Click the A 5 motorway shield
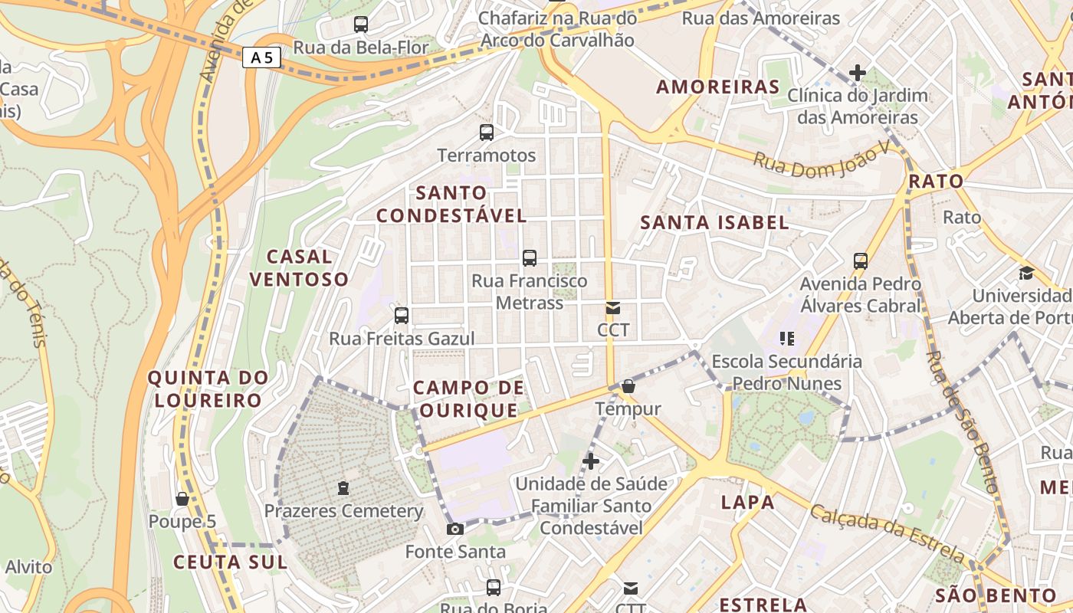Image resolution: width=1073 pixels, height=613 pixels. click(x=261, y=57)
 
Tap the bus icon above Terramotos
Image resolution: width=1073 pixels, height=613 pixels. click(x=487, y=132)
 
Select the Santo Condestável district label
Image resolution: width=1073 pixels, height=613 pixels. click(x=451, y=204)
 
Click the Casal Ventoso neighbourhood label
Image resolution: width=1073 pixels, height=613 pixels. click(x=299, y=267)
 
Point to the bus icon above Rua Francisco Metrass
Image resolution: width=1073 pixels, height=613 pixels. click(x=530, y=257)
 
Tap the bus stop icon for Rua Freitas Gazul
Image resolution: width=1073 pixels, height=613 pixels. click(x=402, y=315)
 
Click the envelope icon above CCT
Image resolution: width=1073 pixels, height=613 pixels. click(x=613, y=308)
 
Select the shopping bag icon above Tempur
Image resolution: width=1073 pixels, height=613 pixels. click(x=628, y=386)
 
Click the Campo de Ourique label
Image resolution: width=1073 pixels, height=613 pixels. click(x=469, y=398)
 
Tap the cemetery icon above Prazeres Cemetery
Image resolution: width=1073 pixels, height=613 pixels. click(x=343, y=488)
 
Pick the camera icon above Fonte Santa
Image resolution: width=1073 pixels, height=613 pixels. click(x=455, y=529)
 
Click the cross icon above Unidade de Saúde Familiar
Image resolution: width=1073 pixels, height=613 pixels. click(x=591, y=461)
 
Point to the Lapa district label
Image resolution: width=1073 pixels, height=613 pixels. click(x=747, y=503)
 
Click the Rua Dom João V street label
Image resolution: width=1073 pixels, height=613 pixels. click(x=820, y=162)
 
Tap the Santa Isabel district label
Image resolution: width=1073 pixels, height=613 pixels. click(x=714, y=223)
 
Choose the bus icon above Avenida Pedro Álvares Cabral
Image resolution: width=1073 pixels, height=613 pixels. click(x=861, y=261)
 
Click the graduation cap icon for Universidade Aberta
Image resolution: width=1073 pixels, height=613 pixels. click(x=1026, y=273)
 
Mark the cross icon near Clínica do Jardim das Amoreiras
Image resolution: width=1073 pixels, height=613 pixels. click(x=858, y=73)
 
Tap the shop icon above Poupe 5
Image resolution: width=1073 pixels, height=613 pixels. click(x=182, y=499)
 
